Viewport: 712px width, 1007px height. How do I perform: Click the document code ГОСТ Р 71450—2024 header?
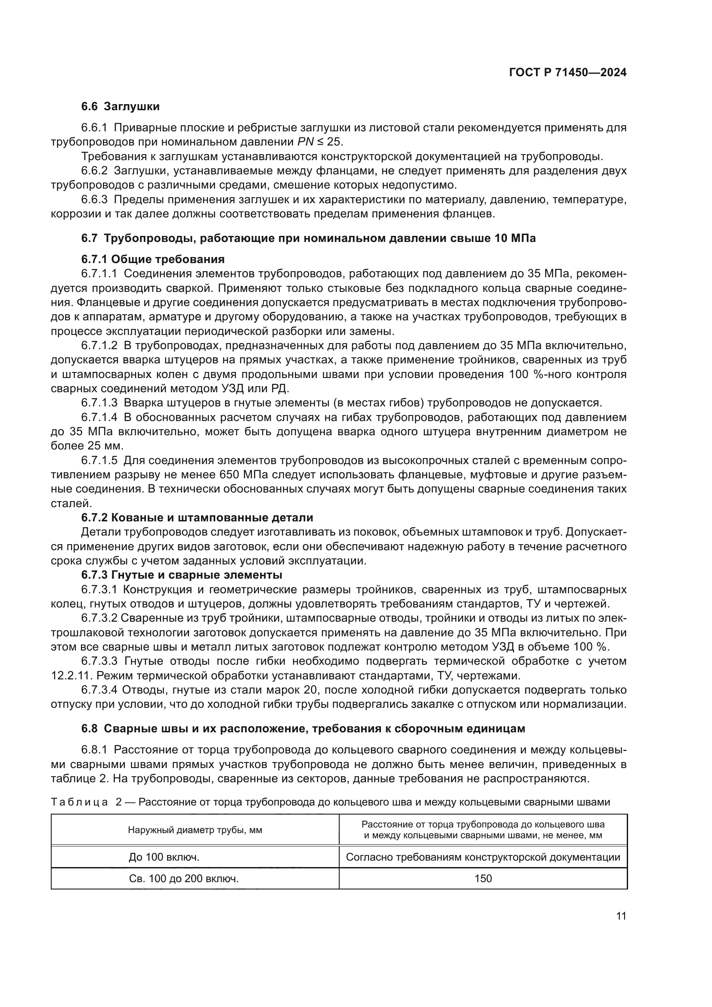[x=567, y=73]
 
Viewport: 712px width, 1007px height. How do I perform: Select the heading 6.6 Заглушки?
[x=120, y=107]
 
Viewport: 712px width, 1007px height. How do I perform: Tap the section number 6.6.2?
[x=94, y=171]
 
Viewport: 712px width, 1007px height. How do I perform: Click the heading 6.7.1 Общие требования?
[x=152, y=259]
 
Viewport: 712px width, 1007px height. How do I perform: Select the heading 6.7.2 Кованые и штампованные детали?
[x=197, y=517]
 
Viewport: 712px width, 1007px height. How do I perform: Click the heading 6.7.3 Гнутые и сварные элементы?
[x=182, y=575]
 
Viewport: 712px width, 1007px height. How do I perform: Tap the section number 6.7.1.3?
[x=99, y=403]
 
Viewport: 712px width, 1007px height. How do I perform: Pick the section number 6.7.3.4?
[x=99, y=690]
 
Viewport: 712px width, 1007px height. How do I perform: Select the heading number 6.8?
[x=90, y=729]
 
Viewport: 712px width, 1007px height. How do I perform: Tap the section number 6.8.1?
[x=94, y=750]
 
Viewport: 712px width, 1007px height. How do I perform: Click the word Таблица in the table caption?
[x=79, y=803]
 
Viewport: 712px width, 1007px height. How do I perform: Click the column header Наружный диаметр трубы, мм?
[x=195, y=830]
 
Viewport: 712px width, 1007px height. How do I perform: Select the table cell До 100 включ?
[x=164, y=857]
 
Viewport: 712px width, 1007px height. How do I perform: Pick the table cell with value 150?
[x=483, y=879]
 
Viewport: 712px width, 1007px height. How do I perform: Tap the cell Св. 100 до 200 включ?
[x=184, y=879]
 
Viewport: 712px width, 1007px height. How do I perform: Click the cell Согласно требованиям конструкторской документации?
[x=483, y=857]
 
